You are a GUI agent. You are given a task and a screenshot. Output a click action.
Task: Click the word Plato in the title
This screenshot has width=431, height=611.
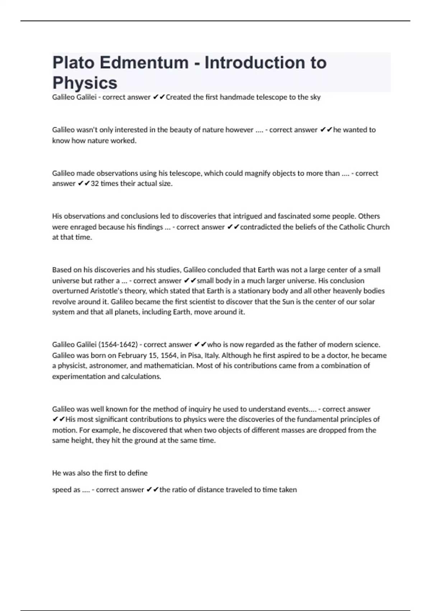(x=73, y=63)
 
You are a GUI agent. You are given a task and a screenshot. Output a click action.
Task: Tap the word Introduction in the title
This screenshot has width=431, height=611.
(x=265, y=63)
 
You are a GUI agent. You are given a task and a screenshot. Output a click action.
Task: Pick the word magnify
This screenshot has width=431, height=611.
(x=257, y=173)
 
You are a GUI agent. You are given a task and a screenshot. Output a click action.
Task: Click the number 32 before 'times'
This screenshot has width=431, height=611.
(x=94, y=184)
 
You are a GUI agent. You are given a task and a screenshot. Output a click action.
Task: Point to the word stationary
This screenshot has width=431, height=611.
(x=255, y=291)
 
